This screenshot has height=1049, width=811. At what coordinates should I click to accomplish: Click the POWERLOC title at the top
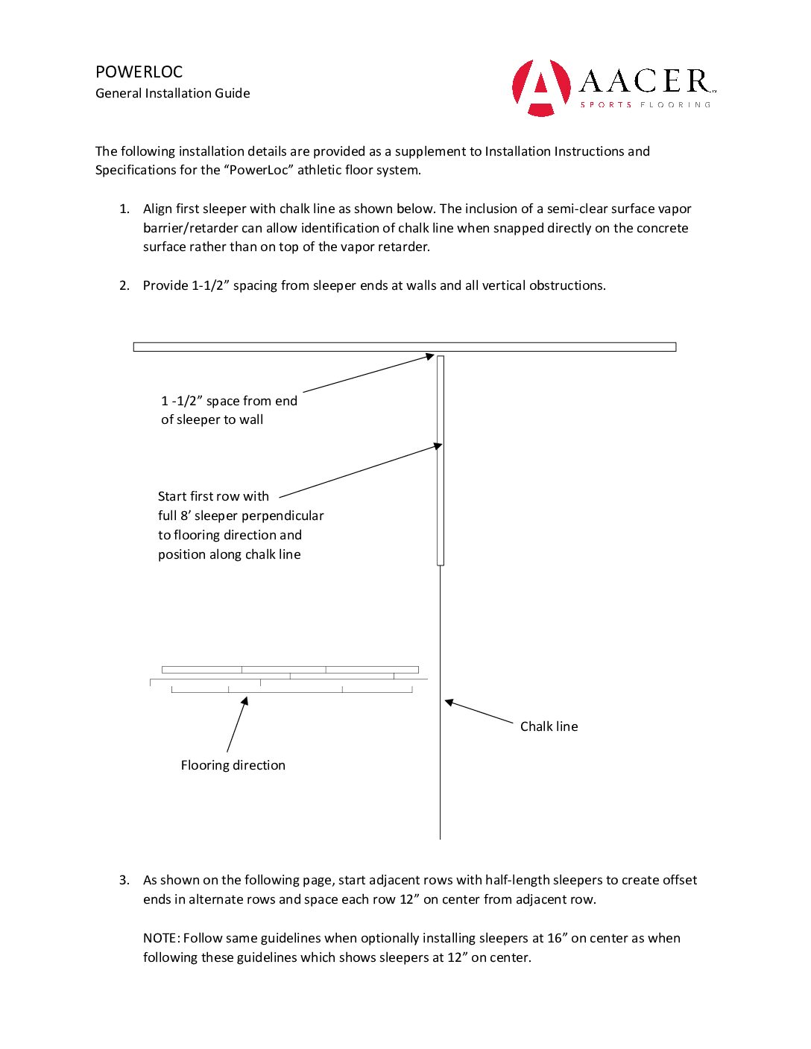pyautogui.click(x=139, y=72)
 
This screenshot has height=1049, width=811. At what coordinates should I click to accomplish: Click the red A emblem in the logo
pyautogui.click(x=541, y=87)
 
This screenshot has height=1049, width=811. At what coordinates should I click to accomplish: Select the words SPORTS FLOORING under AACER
pyautogui.click(x=646, y=105)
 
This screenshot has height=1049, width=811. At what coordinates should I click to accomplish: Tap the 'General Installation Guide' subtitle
pyautogui.click(x=173, y=93)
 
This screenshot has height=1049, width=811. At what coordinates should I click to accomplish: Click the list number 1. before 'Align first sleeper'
pyautogui.click(x=124, y=209)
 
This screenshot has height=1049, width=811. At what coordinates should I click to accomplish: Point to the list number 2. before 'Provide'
pyautogui.click(x=124, y=286)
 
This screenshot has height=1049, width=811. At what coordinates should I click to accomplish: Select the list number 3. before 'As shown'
pyautogui.click(x=124, y=881)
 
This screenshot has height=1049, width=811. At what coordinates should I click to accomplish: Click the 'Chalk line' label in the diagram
pyautogui.click(x=549, y=726)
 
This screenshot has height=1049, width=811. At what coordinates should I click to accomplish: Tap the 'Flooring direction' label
pyautogui.click(x=233, y=765)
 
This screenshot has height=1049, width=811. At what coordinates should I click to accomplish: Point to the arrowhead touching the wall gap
pyautogui.click(x=430, y=357)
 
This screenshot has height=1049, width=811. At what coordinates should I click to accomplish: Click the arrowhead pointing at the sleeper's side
pyautogui.click(x=438, y=446)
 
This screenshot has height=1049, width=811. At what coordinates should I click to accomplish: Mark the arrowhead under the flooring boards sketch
pyautogui.click(x=244, y=701)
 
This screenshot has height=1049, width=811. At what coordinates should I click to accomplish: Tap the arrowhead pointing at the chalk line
pyautogui.click(x=449, y=702)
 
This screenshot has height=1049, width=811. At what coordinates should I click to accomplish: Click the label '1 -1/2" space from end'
pyautogui.click(x=229, y=401)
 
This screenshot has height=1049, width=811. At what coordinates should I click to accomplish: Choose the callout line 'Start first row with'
pyautogui.click(x=213, y=497)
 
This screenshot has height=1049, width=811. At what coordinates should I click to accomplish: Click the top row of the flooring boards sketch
pyautogui.click(x=290, y=670)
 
